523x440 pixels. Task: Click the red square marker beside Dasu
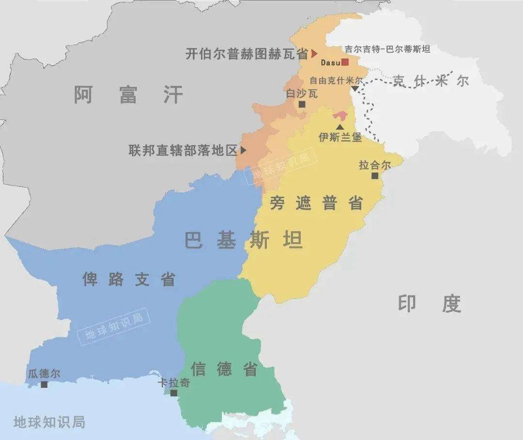point(345,62)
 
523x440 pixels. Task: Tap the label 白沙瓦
point(302,93)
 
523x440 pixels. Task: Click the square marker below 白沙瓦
point(302,104)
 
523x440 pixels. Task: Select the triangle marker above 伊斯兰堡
point(340,127)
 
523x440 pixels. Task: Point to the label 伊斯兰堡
point(340,137)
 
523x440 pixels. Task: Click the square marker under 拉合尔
point(374,176)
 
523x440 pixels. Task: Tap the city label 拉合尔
point(374,165)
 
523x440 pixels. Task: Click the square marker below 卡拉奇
point(173,393)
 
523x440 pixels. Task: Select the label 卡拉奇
point(174,383)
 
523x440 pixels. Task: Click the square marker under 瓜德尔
point(44,384)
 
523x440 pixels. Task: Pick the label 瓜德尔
point(44,374)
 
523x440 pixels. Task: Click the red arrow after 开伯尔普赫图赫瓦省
point(314,53)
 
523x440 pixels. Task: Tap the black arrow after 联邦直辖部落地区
point(243,150)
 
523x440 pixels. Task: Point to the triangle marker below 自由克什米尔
point(355,88)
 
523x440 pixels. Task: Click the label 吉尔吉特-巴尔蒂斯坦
point(387,49)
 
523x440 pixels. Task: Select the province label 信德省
point(224,369)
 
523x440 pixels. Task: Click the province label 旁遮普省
point(316,204)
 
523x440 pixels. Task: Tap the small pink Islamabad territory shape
point(340,117)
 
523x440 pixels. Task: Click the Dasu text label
point(330,62)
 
